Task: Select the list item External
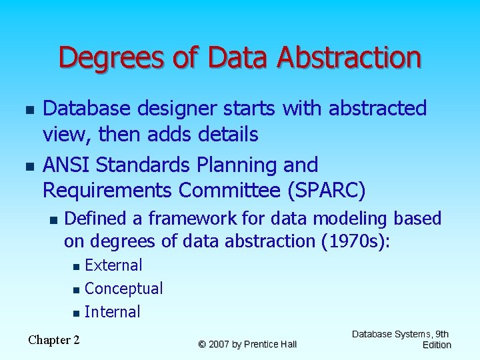pyautogui.click(x=113, y=265)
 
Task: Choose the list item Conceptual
pyautogui.click(x=124, y=289)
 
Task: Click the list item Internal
pyautogui.click(x=113, y=312)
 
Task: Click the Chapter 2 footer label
pyautogui.click(x=54, y=340)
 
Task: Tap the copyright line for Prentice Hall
pyautogui.click(x=247, y=344)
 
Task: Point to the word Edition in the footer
pyautogui.click(x=437, y=345)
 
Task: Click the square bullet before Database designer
pyautogui.click(x=27, y=108)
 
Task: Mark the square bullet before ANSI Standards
pyautogui.click(x=27, y=164)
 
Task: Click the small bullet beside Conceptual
pyautogui.click(x=77, y=289)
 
